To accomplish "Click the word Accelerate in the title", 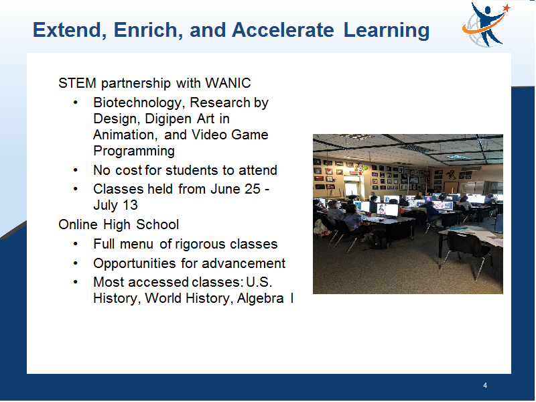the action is [x=283, y=29].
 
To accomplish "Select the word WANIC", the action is [x=228, y=83].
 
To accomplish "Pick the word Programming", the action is [x=134, y=151].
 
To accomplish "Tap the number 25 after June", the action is [x=253, y=189].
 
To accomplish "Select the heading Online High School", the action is [x=119, y=224].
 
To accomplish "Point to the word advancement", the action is [x=243, y=263].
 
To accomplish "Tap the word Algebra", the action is [x=260, y=298].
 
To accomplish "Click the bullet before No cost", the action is [x=76, y=170].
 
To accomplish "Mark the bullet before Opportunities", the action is [x=76, y=263].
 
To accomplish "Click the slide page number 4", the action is [x=485, y=386].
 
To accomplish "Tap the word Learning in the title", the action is [x=387, y=30].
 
